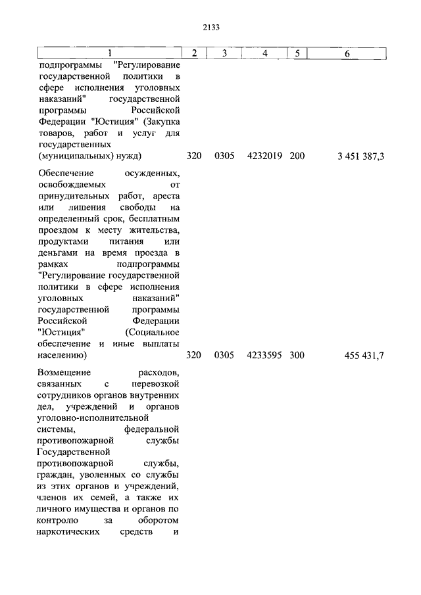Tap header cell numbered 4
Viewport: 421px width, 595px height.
click(264, 53)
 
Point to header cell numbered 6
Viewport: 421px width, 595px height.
click(347, 53)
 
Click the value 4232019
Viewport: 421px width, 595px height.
click(264, 156)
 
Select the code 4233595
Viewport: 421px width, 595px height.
click(264, 356)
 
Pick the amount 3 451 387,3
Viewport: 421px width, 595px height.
click(361, 156)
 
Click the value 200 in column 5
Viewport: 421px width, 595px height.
click(297, 156)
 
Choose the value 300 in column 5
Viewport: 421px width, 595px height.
click(297, 356)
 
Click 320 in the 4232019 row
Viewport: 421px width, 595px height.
click(193, 156)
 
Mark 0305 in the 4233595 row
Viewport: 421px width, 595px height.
click(224, 356)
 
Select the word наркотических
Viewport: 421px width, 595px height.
click(73, 531)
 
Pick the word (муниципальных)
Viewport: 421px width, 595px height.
click(70, 156)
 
